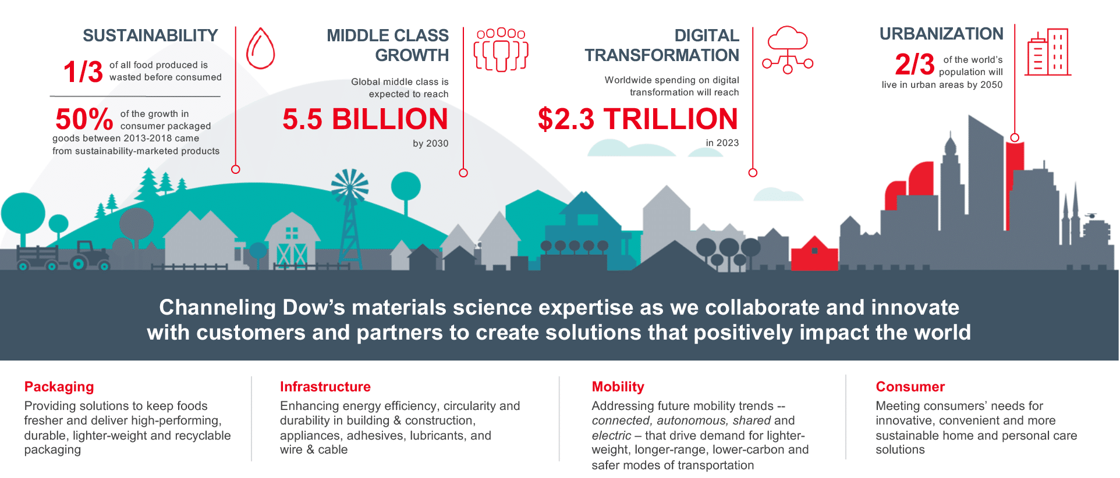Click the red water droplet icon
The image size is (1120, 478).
tap(260, 48)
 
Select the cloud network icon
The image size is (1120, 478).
tap(788, 49)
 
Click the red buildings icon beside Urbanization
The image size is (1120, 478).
tap(1048, 52)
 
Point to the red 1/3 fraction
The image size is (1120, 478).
tap(83, 72)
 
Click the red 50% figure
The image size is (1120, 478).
tap(84, 119)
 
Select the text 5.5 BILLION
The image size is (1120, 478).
tap(366, 119)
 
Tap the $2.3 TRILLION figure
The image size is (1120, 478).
tap(638, 119)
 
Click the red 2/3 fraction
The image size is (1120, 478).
tap(915, 64)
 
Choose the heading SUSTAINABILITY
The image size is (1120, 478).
tap(150, 35)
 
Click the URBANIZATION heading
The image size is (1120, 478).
tap(941, 34)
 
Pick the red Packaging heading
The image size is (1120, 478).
tap(59, 387)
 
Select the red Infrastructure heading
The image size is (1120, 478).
tap(325, 387)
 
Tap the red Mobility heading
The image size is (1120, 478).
tap(618, 387)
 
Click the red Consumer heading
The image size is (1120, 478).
tap(910, 387)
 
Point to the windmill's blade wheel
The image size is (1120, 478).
tap(350, 187)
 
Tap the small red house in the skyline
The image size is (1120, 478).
tap(814, 253)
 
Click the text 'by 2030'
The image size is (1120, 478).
tap(430, 144)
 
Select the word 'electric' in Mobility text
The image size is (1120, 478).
tap(611, 436)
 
